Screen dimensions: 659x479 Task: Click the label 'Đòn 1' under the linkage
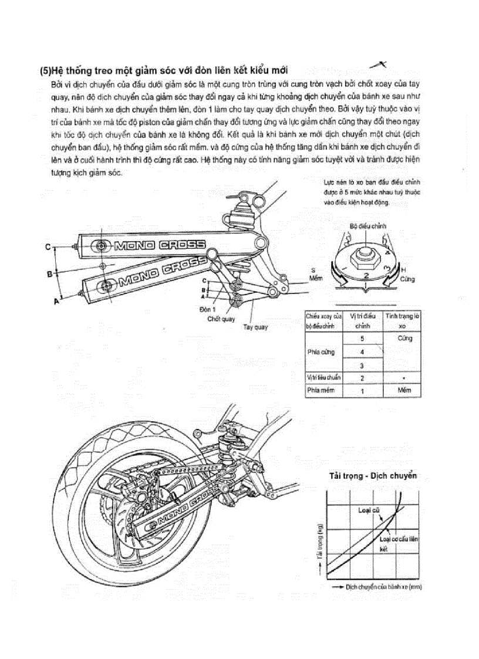(208, 308)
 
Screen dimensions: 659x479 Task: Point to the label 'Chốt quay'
(221, 319)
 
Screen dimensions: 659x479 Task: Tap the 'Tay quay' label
(255, 327)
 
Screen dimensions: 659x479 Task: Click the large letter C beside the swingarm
(49, 247)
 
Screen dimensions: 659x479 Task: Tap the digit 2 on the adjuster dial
(365, 274)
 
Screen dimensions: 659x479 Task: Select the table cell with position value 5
(362, 339)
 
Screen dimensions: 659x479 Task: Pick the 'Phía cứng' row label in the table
(320, 352)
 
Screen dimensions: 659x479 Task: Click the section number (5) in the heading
(45, 70)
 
